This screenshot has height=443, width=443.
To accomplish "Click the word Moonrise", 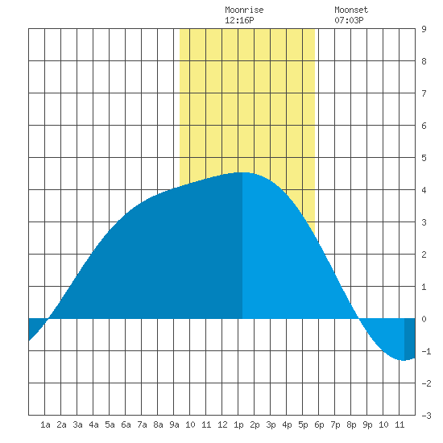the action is [244, 10].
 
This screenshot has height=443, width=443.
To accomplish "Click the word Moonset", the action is [351, 10].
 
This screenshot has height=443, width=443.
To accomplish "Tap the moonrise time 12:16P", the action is [239, 20].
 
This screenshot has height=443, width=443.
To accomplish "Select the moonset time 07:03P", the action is [349, 20].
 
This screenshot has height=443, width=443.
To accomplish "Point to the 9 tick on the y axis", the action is [424, 29].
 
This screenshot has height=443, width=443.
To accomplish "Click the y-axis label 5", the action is [424, 158].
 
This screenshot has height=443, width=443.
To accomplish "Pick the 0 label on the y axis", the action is [424, 319].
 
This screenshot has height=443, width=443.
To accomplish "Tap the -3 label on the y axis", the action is [426, 416].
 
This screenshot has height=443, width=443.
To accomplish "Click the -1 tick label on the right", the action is [426, 351].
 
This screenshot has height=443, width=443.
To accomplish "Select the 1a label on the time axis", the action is [45, 424].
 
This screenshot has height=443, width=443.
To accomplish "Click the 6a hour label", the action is [126, 424].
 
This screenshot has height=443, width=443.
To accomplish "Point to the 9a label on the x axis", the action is [174, 424].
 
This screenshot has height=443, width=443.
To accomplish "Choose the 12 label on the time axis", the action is [222, 424].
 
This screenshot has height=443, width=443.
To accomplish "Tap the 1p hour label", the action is [238, 424].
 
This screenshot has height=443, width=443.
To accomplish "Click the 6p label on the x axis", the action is [319, 424].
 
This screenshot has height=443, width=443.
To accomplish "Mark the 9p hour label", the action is [367, 424].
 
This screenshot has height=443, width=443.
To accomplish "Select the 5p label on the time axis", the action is [303, 424].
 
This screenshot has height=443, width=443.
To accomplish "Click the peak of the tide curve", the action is [242, 172].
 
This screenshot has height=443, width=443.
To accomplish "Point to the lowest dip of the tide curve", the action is [403, 360].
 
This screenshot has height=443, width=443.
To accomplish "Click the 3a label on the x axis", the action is [77, 424].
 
